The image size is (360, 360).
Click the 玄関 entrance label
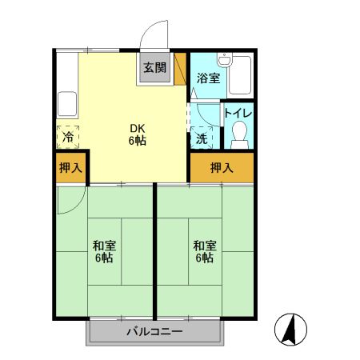coord(155,68)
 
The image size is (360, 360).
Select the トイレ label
coord(238,114)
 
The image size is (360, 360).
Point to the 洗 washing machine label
coord(200,137)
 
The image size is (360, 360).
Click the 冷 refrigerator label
coord(69,137)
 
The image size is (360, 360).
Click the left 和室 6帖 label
coord(103,252)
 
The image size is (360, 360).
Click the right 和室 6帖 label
coord(203,252)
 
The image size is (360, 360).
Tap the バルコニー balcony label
coord(154,332)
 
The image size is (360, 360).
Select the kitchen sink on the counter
coord(66,102)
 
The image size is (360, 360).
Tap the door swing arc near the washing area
coord(202,114)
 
